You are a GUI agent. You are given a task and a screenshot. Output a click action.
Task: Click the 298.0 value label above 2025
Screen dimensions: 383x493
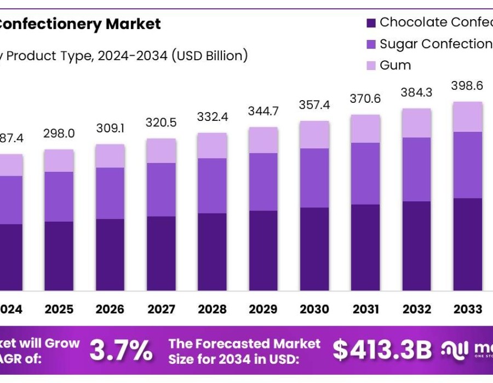(x=59, y=134)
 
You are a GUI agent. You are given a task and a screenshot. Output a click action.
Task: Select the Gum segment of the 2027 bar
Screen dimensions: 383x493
(x=161, y=150)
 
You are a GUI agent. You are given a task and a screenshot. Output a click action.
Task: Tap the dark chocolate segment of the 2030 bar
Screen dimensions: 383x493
(x=314, y=249)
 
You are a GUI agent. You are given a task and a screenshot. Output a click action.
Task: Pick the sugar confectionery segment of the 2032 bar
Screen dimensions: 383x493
(x=416, y=169)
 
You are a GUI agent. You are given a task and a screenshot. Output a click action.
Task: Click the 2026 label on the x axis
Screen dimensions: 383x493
(x=110, y=310)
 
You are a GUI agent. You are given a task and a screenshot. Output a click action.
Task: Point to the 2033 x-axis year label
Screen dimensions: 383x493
(x=467, y=310)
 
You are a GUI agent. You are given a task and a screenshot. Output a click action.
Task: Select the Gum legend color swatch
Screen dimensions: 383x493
(x=371, y=66)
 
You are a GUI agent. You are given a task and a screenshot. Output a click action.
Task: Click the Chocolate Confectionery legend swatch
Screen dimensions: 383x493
(x=371, y=23)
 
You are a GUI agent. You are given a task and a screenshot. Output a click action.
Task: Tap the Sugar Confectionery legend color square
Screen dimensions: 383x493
(x=371, y=44)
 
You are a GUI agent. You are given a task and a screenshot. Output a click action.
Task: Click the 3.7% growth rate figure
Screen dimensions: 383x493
(x=121, y=350)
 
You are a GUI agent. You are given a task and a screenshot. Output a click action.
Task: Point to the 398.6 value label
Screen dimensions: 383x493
(x=467, y=86)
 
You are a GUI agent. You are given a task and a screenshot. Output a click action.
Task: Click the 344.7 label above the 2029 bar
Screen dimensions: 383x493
(x=263, y=111)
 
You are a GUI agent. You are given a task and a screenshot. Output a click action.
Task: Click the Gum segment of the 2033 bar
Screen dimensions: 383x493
(x=467, y=117)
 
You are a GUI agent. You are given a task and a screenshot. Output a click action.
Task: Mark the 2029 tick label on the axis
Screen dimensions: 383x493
(x=263, y=310)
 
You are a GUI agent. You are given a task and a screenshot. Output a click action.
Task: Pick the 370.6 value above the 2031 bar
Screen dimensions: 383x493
(x=365, y=98)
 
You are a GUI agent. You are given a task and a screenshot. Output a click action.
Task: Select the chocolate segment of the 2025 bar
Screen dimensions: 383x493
(x=59, y=256)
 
